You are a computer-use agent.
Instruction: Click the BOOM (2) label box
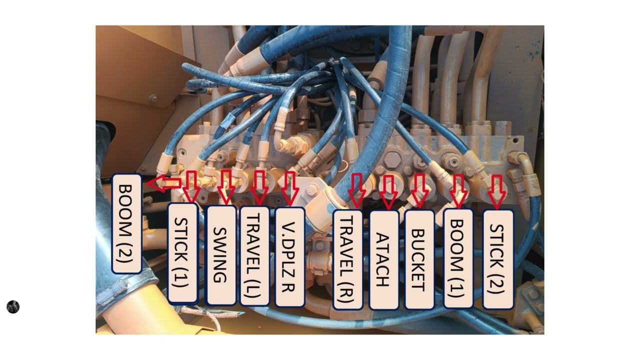pos(126,223)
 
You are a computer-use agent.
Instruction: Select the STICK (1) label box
pos(182,253)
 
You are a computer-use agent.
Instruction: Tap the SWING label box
pos(221,255)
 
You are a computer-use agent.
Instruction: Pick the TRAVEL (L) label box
pos(254,256)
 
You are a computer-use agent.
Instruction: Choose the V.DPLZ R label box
pos(289,257)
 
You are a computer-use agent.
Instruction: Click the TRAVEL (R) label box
pos(348,259)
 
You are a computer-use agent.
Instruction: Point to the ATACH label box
pos(383,260)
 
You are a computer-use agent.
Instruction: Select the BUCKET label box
pos(419,259)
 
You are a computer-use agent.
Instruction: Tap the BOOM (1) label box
pos(458,258)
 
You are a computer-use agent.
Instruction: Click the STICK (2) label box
pos(497,259)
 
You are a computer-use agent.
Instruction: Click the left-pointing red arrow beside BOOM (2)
pos(163,183)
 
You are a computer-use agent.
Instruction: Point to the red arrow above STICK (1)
pos(191,186)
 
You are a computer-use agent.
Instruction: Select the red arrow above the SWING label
pos(226,187)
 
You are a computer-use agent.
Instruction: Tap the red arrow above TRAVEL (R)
pos(357,190)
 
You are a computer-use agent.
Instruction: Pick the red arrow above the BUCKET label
pos(419,190)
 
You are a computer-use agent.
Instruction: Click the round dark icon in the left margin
pos(13,307)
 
